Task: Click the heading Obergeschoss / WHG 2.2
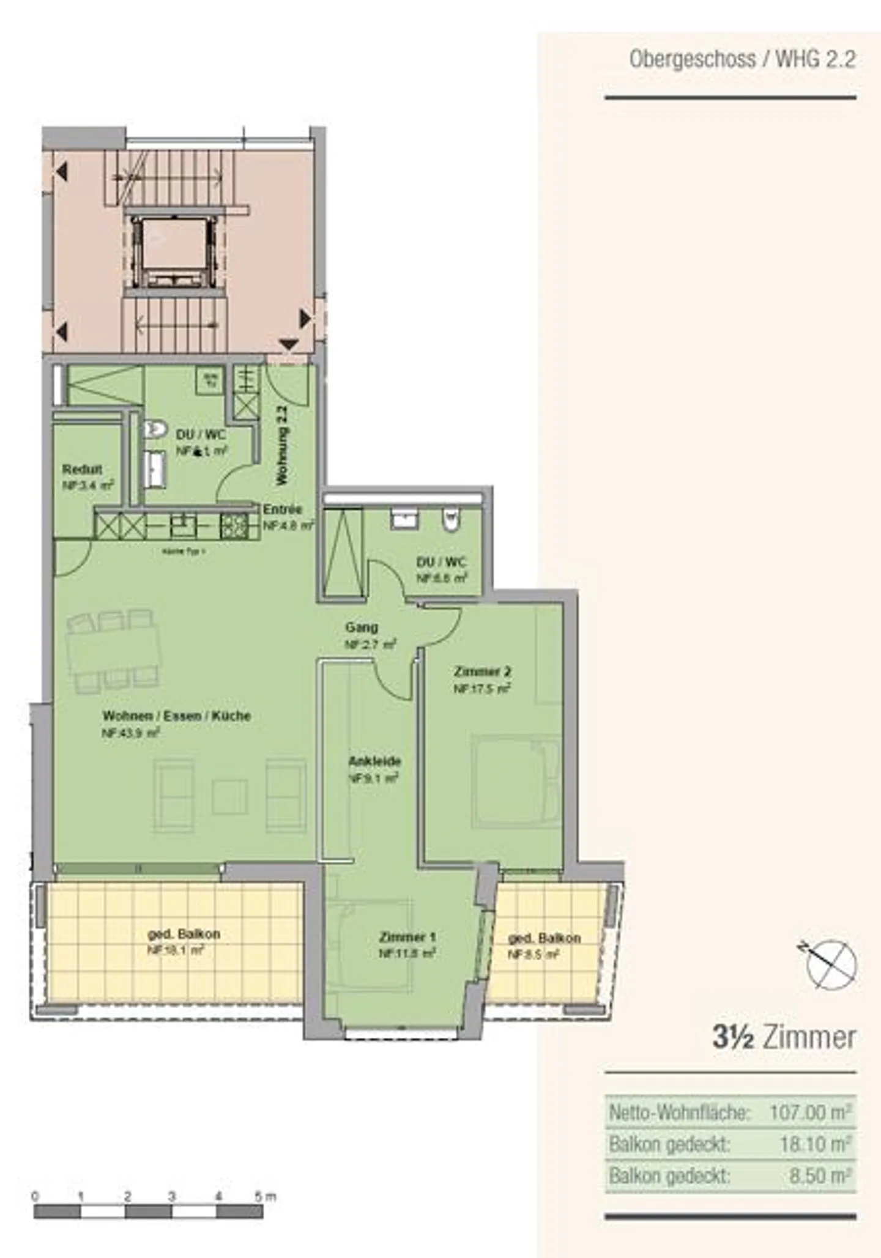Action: click(x=742, y=60)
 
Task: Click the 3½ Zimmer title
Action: click(x=784, y=1038)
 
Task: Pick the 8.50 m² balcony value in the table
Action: click(x=820, y=1175)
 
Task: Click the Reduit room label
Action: click(x=82, y=470)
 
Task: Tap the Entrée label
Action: click(x=283, y=509)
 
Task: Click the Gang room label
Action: click(x=362, y=627)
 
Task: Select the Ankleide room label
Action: click(x=374, y=761)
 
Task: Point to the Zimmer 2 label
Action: click(x=483, y=672)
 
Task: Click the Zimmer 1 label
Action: click(x=407, y=937)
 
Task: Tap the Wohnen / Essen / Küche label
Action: click(x=177, y=716)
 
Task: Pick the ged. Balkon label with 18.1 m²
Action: click(x=184, y=934)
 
